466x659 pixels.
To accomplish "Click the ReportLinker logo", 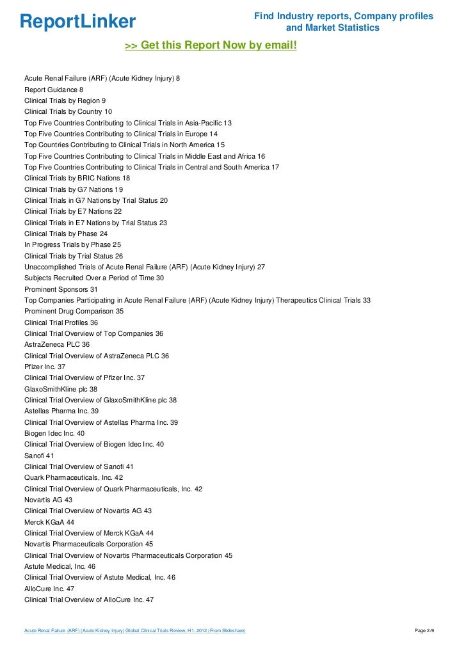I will pos(78,22).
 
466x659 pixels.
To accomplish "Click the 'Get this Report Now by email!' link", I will pos(211,45).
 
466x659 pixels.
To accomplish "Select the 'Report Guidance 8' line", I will pos(54,90).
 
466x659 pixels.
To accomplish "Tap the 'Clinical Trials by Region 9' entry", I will pos(65,100).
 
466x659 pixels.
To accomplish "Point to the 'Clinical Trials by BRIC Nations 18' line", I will pos(77,178).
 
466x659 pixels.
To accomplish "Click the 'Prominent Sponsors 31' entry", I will pos(61,289).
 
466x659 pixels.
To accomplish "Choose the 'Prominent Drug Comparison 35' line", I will pos(74,311).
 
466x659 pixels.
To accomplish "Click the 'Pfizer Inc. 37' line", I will pos(45,367).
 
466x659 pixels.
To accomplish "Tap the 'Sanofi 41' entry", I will pos(40,456).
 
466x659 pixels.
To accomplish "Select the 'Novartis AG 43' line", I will pos(49,500).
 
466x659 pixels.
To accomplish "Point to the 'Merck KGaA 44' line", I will pos(49,522).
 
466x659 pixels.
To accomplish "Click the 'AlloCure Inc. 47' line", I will pos(49,589).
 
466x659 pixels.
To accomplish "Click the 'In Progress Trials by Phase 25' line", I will pos(72,244).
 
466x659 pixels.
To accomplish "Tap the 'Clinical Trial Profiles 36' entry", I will pos(61,322).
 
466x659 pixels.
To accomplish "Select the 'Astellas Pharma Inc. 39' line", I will pos(61,411).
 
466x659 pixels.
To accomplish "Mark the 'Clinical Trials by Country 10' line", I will pos(68,111).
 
